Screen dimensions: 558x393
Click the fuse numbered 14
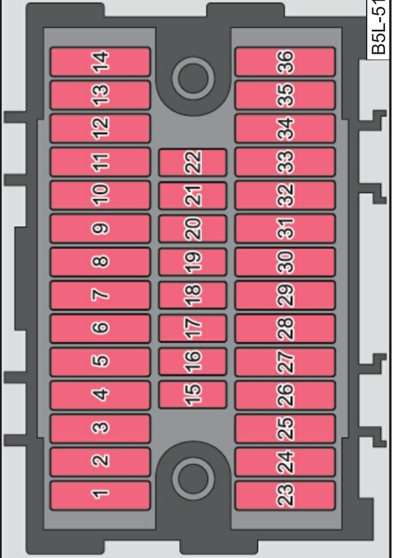pyautogui.click(x=100, y=62)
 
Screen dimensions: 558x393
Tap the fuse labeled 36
pyautogui.click(x=285, y=62)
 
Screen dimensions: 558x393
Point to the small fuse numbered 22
pyautogui.click(x=192, y=162)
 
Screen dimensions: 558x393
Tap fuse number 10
pyautogui.click(x=100, y=195)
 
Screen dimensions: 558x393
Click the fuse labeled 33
pyautogui.click(x=285, y=162)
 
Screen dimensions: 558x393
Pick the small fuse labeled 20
pyautogui.click(x=192, y=229)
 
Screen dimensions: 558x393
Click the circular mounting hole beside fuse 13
pyautogui.click(x=193, y=79)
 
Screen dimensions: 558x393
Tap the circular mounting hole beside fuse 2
pyautogui.click(x=193, y=477)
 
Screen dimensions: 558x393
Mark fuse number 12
pyautogui.click(x=100, y=128)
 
